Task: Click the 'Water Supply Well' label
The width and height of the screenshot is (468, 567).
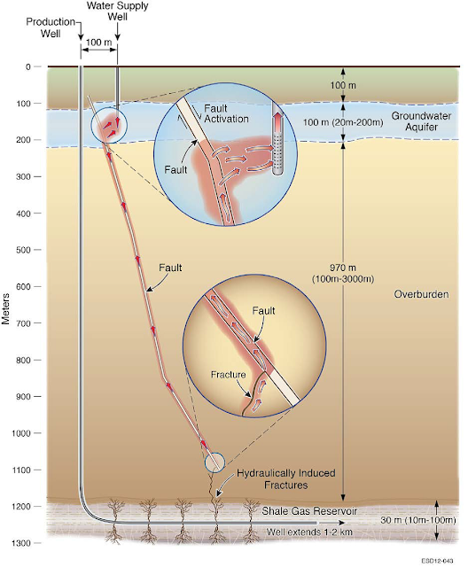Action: click(x=118, y=12)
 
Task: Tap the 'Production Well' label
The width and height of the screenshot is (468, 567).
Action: click(x=51, y=27)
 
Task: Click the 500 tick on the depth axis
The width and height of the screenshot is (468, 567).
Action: click(x=38, y=250)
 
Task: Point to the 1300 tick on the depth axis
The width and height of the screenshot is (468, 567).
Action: click(x=38, y=543)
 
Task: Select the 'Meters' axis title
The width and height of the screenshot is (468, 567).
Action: click(x=5, y=308)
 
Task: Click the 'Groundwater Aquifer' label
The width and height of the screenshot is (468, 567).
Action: click(x=421, y=121)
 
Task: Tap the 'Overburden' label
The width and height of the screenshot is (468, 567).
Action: click(x=421, y=294)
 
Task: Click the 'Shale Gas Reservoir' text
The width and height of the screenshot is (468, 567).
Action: click(x=309, y=511)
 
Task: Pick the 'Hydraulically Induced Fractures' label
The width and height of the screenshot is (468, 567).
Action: click(x=286, y=478)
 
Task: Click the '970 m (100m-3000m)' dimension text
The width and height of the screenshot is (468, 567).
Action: click(x=343, y=274)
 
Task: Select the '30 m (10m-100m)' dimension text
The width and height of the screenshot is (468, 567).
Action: click(x=418, y=520)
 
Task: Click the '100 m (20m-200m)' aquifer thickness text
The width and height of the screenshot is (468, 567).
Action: click(x=343, y=122)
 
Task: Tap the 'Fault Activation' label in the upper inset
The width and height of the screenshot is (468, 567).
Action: click(x=226, y=113)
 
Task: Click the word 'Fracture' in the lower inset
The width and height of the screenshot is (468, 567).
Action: click(x=228, y=375)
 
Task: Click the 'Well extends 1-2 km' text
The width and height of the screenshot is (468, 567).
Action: click(x=309, y=532)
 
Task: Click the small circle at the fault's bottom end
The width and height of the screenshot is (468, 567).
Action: click(x=214, y=462)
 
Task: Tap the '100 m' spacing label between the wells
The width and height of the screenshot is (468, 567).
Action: click(x=98, y=43)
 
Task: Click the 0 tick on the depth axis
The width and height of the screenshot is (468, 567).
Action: click(x=38, y=66)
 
